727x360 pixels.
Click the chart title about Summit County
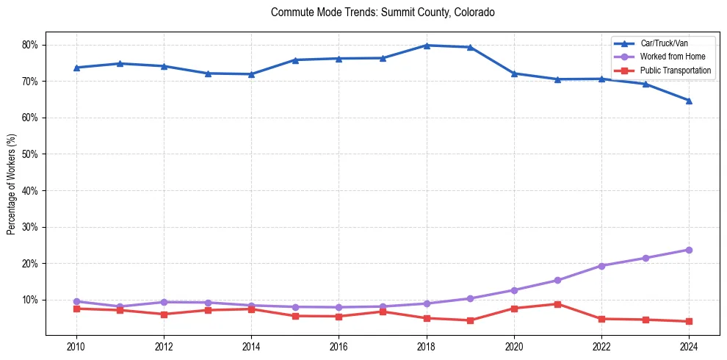[x=383, y=12]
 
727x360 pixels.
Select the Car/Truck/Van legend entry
[x=664, y=44]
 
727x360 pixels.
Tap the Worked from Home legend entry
[x=673, y=57]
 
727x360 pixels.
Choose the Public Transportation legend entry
[x=676, y=71]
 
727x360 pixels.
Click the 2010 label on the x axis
[x=76, y=345]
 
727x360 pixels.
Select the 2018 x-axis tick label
[x=426, y=345]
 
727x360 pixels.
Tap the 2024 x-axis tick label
[x=689, y=345]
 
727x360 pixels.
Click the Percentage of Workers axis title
[x=12, y=184]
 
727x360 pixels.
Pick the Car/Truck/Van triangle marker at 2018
[x=426, y=46]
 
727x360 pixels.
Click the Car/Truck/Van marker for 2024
[x=689, y=101]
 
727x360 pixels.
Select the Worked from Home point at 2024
[x=689, y=250]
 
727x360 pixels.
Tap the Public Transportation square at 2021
[x=557, y=304]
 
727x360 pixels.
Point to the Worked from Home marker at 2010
[x=76, y=301]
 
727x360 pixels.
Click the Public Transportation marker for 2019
[x=470, y=320]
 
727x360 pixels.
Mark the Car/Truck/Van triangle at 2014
[x=251, y=74]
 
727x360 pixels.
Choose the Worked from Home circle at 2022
[x=601, y=266]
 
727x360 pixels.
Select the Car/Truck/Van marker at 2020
[x=514, y=73]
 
